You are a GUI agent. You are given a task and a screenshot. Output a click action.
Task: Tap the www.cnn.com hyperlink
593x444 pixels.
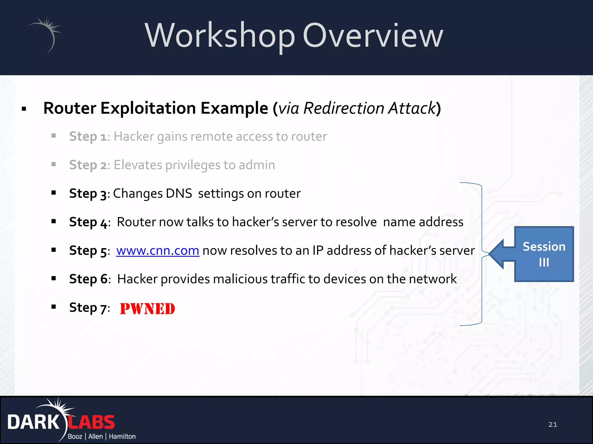[158, 251]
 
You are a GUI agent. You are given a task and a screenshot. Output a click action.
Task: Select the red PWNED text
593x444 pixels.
[147, 309]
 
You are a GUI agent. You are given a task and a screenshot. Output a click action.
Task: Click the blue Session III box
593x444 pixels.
[544, 254]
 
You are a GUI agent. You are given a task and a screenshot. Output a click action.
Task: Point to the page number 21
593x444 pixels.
[552, 424]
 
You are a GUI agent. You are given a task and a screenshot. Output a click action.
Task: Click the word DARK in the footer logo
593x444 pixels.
[33, 422]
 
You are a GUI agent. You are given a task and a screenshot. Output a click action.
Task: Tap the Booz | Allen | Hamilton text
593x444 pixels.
[101, 436]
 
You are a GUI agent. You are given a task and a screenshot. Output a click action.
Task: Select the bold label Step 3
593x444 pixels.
[88, 194]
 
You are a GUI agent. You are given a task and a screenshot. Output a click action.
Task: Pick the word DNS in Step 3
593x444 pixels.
[179, 193]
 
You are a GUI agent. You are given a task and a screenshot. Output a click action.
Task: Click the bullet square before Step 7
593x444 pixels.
[54, 307]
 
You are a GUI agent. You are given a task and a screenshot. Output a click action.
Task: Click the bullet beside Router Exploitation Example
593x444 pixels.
[24, 109]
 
